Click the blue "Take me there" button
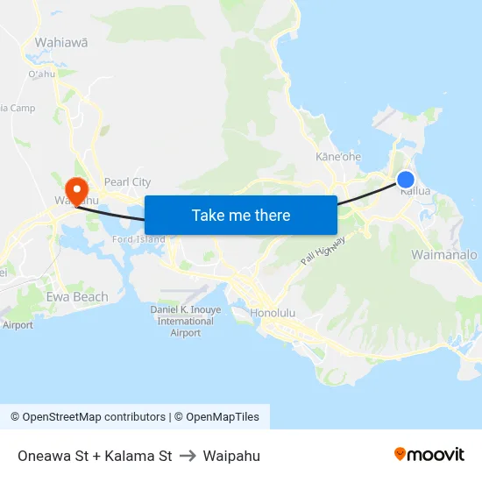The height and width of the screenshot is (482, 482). (x=241, y=215)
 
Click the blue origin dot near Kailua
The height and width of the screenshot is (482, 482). (x=406, y=180)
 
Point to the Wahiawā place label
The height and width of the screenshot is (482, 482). (x=60, y=42)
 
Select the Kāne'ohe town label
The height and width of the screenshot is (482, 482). (x=337, y=157)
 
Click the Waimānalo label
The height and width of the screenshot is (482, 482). (x=444, y=254)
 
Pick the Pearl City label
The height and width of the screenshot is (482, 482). (x=127, y=182)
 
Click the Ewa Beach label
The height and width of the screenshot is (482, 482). (x=77, y=297)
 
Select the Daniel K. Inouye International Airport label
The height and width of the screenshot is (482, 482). (x=185, y=321)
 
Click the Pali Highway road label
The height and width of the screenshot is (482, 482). (x=323, y=252)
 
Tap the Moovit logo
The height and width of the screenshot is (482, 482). (x=429, y=454)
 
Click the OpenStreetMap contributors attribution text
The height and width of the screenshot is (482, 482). (x=88, y=417)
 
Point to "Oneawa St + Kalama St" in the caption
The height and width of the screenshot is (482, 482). (x=95, y=456)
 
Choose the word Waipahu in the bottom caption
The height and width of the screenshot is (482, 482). (x=231, y=456)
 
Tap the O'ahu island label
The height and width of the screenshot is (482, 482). (x=42, y=74)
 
